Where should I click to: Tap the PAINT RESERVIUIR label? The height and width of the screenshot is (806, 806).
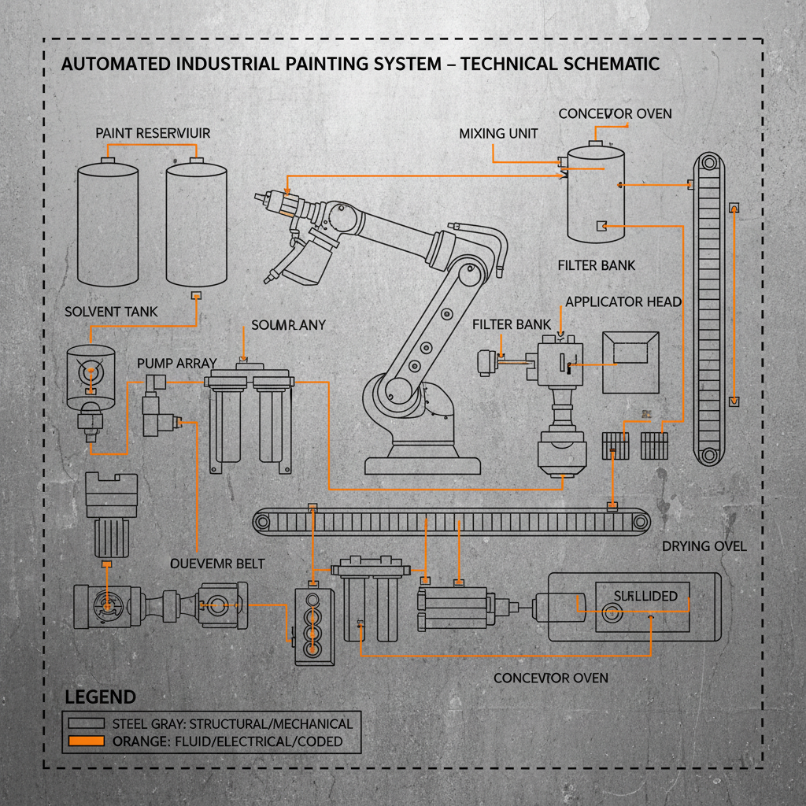point(153,133)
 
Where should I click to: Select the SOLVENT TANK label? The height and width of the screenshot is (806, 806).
point(111,312)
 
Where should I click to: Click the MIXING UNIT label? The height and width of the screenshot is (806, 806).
point(498,133)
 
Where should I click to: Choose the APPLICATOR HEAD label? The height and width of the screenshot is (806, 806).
point(623,301)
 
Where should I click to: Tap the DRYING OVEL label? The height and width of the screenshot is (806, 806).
point(704,545)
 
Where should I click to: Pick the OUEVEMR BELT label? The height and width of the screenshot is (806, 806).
point(217,564)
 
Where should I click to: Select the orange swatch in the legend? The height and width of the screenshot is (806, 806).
point(86,741)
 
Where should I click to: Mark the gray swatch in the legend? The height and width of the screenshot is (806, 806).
point(86,723)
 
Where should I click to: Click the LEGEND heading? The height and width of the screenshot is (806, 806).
point(100,697)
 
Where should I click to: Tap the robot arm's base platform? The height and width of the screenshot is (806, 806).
point(423,464)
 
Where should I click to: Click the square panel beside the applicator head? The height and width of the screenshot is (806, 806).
point(630,361)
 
